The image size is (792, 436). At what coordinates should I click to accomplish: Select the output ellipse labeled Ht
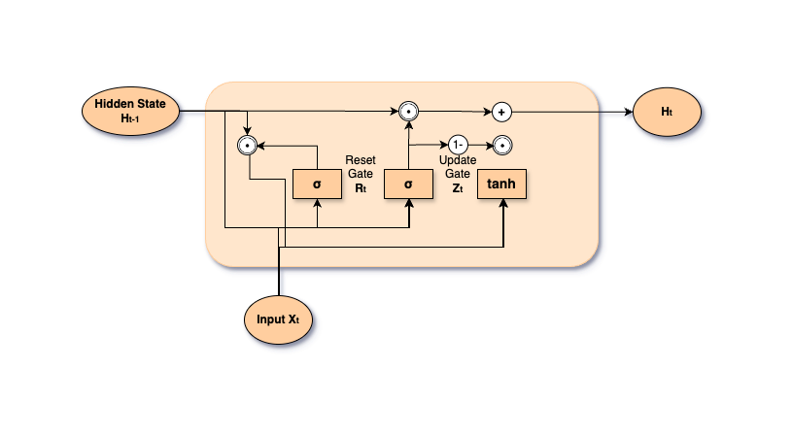pyautogui.click(x=667, y=111)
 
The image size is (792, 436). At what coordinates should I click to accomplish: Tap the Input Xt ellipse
pyautogui.click(x=279, y=319)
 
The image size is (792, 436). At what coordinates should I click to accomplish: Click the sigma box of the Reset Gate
pyautogui.click(x=318, y=184)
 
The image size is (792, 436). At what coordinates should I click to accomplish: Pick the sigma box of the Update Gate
pyautogui.click(x=409, y=184)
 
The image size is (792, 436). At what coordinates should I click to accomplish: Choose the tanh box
pyautogui.click(x=501, y=184)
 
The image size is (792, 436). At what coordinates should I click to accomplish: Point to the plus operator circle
pyautogui.click(x=501, y=111)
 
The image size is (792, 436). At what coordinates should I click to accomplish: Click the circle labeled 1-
pyautogui.click(x=458, y=146)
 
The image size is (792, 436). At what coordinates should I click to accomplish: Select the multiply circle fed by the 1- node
pyautogui.click(x=501, y=146)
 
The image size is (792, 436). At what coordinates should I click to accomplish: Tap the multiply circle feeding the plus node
pyautogui.click(x=409, y=111)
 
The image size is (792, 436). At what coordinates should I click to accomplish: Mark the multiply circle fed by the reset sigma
pyautogui.click(x=248, y=146)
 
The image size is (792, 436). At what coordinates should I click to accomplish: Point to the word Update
pyautogui.click(x=457, y=159)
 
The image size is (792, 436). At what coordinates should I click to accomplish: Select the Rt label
pyautogui.click(x=361, y=188)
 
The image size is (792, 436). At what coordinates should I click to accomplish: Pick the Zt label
pyautogui.click(x=457, y=188)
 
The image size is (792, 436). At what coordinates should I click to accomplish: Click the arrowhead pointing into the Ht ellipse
pyautogui.click(x=628, y=111)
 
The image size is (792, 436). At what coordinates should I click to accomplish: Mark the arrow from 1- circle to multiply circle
pyautogui.click(x=479, y=146)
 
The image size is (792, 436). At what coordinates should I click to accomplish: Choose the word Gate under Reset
pyautogui.click(x=361, y=173)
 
